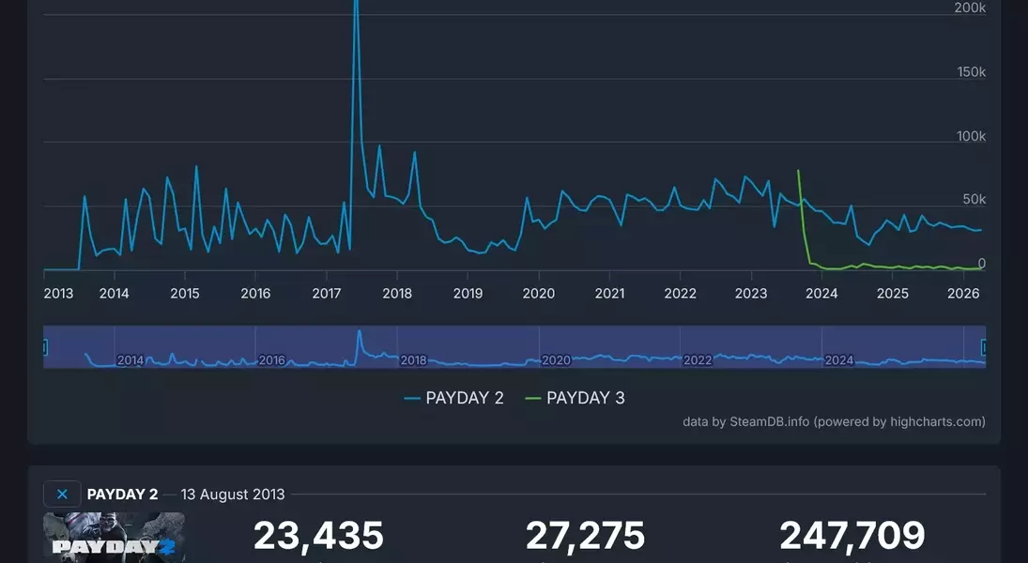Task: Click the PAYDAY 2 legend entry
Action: coord(454,398)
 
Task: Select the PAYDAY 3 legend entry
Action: coord(575,398)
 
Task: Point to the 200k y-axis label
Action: coord(970,8)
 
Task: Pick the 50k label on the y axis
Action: coord(974,200)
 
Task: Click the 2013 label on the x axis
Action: coord(58,294)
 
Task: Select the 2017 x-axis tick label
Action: coord(327,294)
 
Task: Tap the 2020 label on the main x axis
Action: coord(539,294)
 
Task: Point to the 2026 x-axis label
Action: coord(963,294)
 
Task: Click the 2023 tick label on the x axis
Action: coord(751,294)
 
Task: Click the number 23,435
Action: coord(318,536)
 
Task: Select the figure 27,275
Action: coord(585,536)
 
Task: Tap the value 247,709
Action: coord(852,536)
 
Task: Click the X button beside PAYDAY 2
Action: coord(62,495)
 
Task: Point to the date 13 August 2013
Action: coord(233,495)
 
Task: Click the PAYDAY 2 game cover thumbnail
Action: coord(114,538)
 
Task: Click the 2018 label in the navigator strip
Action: coord(413,360)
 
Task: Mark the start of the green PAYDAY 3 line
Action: coord(798,171)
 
